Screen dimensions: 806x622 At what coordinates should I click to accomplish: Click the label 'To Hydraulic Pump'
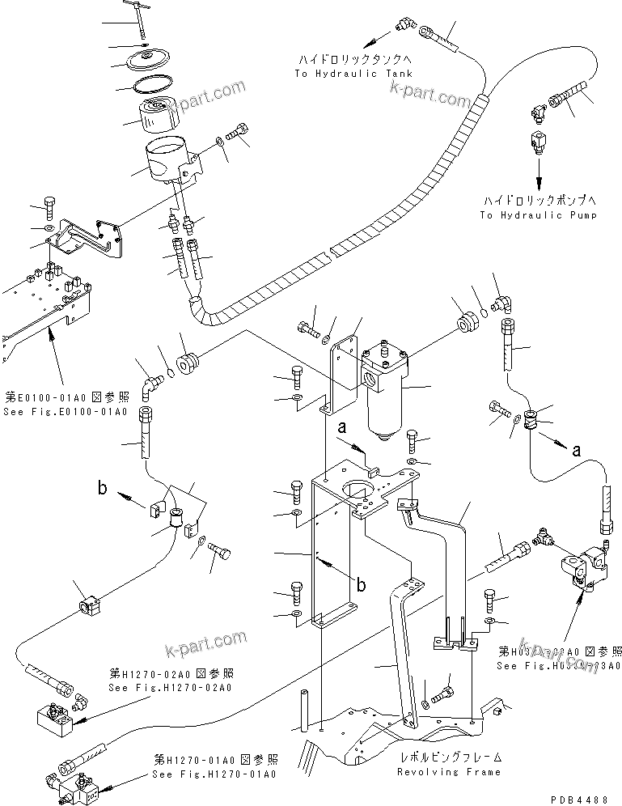538,215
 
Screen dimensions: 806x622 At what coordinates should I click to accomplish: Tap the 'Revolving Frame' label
449,771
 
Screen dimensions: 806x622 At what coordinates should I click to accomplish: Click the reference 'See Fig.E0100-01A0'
66,412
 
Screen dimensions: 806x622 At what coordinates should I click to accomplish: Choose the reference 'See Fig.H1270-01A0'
214,774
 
